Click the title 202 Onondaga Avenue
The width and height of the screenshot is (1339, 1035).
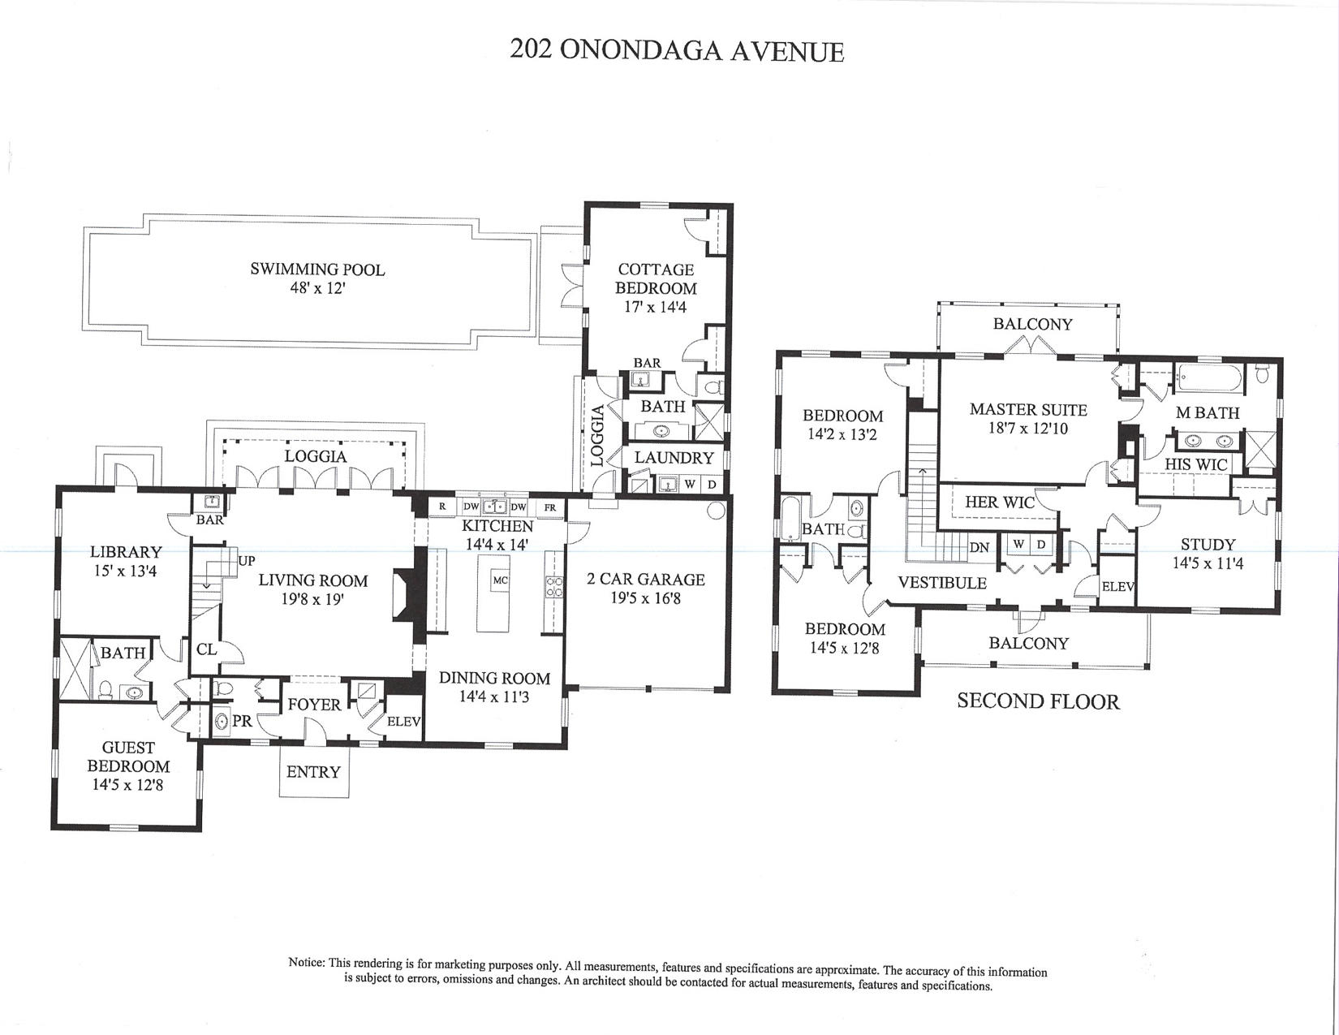click(677, 50)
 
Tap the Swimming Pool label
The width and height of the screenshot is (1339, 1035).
click(317, 270)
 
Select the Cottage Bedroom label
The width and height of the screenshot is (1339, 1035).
click(656, 278)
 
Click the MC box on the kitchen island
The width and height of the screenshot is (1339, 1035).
click(501, 580)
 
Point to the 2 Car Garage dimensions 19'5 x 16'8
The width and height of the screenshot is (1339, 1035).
click(646, 598)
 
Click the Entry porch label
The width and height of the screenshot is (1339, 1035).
click(313, 772)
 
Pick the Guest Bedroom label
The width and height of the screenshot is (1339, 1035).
click(128, 757)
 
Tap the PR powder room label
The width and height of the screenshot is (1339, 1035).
click(242, 721)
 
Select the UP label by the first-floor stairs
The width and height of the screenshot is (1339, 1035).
click(247, 561)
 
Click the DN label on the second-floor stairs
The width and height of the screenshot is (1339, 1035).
click(979, 547)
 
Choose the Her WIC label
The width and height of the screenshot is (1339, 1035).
click(999, 502)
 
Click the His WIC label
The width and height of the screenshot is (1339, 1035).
click(1196, 464)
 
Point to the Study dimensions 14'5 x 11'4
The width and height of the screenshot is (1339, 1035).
click(1208, 563)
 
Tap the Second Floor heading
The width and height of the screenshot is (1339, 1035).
click(1038, 701)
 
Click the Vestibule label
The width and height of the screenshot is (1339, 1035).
click(942, 583)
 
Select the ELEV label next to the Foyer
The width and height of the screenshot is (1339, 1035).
click(403, 721)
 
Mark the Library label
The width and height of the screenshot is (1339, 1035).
click(126, 552)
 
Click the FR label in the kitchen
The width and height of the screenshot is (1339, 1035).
click(550, 507)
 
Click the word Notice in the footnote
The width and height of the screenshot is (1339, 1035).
click(307, 963)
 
